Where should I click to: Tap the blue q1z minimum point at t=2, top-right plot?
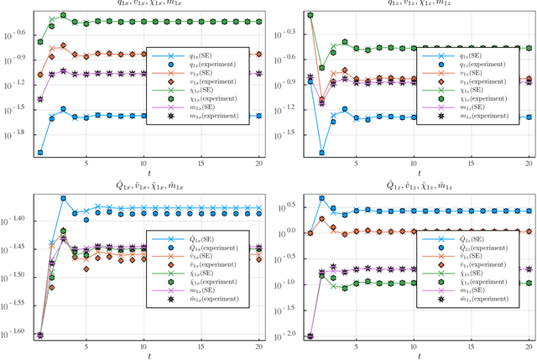click(322, 154)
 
